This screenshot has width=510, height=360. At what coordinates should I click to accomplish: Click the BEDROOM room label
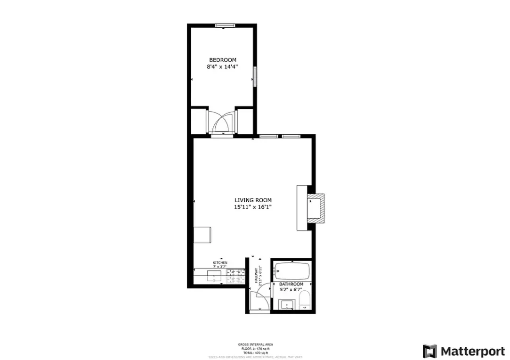point(223,60)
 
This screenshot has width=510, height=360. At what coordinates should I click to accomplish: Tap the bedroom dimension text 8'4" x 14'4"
point(223,67)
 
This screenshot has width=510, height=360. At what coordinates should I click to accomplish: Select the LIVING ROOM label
point(253,200)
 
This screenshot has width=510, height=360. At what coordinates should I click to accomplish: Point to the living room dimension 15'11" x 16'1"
point(253,207)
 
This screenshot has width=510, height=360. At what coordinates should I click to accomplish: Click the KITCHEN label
point(220,262)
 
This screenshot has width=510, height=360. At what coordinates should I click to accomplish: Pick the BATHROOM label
point(291,284)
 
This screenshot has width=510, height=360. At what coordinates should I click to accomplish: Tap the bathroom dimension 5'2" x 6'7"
point(291,290)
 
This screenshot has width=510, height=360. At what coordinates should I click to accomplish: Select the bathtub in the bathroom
point(292,271)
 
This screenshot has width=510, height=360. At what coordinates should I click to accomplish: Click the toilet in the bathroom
point(305,300)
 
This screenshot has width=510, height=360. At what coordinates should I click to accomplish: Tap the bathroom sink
point(286,305)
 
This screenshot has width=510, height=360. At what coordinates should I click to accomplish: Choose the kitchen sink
point(215,276)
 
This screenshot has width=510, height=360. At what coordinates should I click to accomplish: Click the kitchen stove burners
point(235,276)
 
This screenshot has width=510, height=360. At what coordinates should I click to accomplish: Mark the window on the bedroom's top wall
point(223,25)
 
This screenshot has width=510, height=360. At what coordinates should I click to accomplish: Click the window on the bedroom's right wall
point(255,76)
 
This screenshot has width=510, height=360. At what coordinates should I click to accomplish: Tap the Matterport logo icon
point(429,351)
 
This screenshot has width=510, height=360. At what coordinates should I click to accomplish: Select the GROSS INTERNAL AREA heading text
point(255,344)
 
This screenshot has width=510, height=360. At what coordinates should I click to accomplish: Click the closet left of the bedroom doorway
point(199,121)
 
